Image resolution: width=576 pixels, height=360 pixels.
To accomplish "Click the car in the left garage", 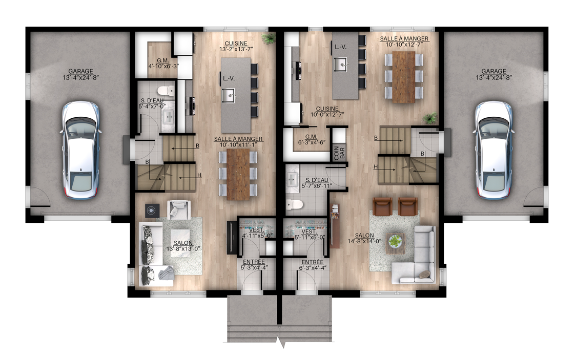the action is tap(80, 151).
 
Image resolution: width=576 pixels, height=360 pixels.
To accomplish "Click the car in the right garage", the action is tap(493, 151).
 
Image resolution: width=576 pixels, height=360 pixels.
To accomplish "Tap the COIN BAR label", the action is tap(339, 153).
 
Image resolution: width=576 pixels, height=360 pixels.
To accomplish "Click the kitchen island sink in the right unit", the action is tap(341, 65).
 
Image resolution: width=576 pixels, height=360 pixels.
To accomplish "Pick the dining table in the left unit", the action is tap(238, 174).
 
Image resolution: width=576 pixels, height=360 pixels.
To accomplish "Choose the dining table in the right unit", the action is tap(404, 77).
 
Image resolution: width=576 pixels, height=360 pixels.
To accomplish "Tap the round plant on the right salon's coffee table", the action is tap(395, 241).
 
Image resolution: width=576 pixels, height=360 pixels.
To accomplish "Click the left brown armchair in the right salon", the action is tap(382, 206).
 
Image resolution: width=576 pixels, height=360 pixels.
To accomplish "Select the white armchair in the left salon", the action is tap(178, 209).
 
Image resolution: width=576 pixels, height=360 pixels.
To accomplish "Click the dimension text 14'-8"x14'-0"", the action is tap(364, 241).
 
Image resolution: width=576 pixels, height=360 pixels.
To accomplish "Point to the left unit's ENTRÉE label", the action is tap(254, 262).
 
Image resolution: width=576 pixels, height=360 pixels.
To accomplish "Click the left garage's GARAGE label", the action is tap(80, 71).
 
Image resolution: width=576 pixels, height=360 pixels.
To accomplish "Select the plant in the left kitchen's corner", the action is tap(269, 38).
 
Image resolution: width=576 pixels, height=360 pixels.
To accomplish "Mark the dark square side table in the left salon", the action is tap(151, 210).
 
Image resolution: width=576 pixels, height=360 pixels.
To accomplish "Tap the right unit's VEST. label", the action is tap(309, 232).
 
